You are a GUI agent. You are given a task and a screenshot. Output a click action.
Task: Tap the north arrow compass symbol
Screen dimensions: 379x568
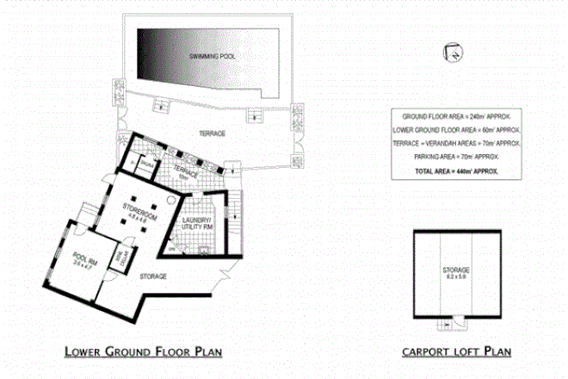pyautogui.click(x=450, y=52)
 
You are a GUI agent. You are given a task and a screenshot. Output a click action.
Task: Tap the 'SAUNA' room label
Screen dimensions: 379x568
pyautogui.click(x=146, y=162)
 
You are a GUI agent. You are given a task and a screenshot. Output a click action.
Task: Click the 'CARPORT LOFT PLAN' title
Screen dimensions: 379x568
pyautogui.click(x=456, y=351)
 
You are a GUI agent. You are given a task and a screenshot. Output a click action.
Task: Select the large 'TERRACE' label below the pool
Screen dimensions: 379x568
pyautogui.click(x=212, y=134)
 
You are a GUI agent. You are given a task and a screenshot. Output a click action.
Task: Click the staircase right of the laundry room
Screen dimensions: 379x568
pyautogui.click(x=234, y=215)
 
